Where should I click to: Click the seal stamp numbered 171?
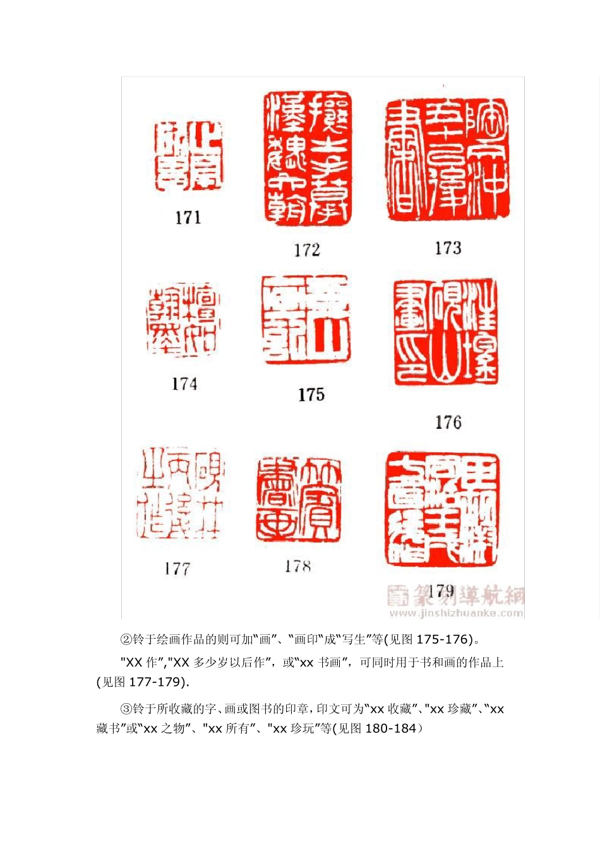(188, 157)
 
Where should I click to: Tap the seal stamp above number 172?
(307, 158)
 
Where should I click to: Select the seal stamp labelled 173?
(447, 159)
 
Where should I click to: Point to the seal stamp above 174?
(184, 320)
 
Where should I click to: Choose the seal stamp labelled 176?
(446, 332)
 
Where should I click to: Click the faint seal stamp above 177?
(181, 493)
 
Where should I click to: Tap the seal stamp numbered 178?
(299, 499)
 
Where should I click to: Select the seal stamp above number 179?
(442, 509)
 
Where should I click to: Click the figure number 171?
(188, 218)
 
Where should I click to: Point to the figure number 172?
(307, 250)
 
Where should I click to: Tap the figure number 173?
(448, 248)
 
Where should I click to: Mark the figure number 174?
(184, 384)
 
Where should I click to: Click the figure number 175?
(311, 395)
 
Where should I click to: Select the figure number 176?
(448, 423)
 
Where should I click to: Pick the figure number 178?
(297, 567)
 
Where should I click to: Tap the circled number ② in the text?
(126, 639)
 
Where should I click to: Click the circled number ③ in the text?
(126, 709)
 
